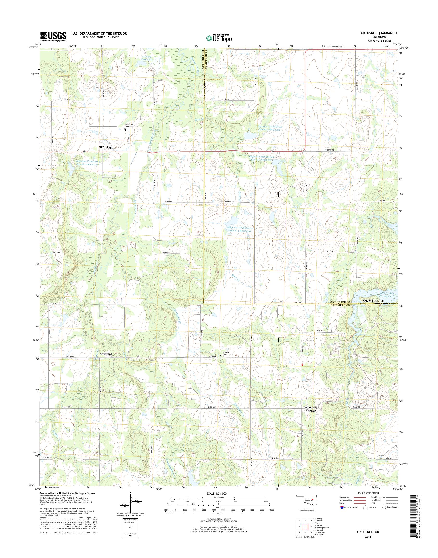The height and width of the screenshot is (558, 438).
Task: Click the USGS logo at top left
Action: click(53, 37)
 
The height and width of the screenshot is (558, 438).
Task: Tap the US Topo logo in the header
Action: click(219, 38)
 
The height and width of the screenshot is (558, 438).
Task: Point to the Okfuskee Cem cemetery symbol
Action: click(125, 130)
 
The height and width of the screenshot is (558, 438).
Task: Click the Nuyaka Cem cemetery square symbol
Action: click(220, 355)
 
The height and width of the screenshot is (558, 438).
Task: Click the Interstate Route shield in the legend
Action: click(341, 514)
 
